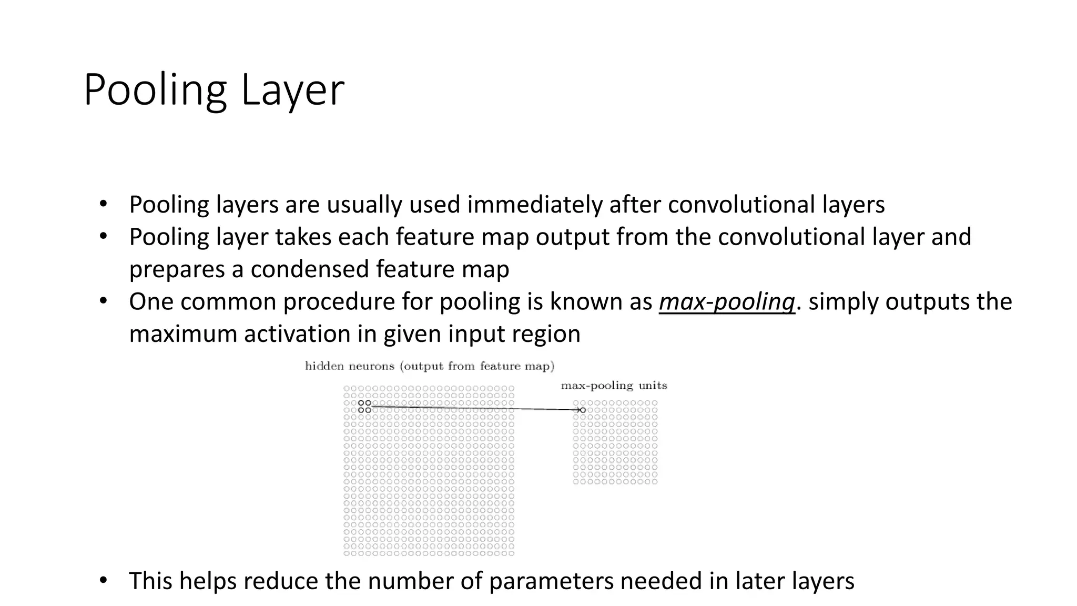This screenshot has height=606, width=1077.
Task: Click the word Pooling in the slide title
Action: point(155,90)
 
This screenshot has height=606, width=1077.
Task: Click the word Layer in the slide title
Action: point(292,90)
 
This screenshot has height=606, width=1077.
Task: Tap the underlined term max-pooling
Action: point(727,302)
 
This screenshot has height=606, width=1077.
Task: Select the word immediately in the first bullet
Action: point(535,205)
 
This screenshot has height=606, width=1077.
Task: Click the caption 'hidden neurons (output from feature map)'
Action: point(430,366)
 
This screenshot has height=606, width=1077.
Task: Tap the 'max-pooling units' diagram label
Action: point(614,386)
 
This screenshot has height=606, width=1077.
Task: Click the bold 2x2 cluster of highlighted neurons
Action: point(364,406)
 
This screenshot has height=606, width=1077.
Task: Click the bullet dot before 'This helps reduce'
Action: point(103,580)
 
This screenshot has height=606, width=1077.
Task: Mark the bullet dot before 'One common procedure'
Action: point(103,301)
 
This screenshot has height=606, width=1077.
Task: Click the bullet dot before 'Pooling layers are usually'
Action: point(103,204)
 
